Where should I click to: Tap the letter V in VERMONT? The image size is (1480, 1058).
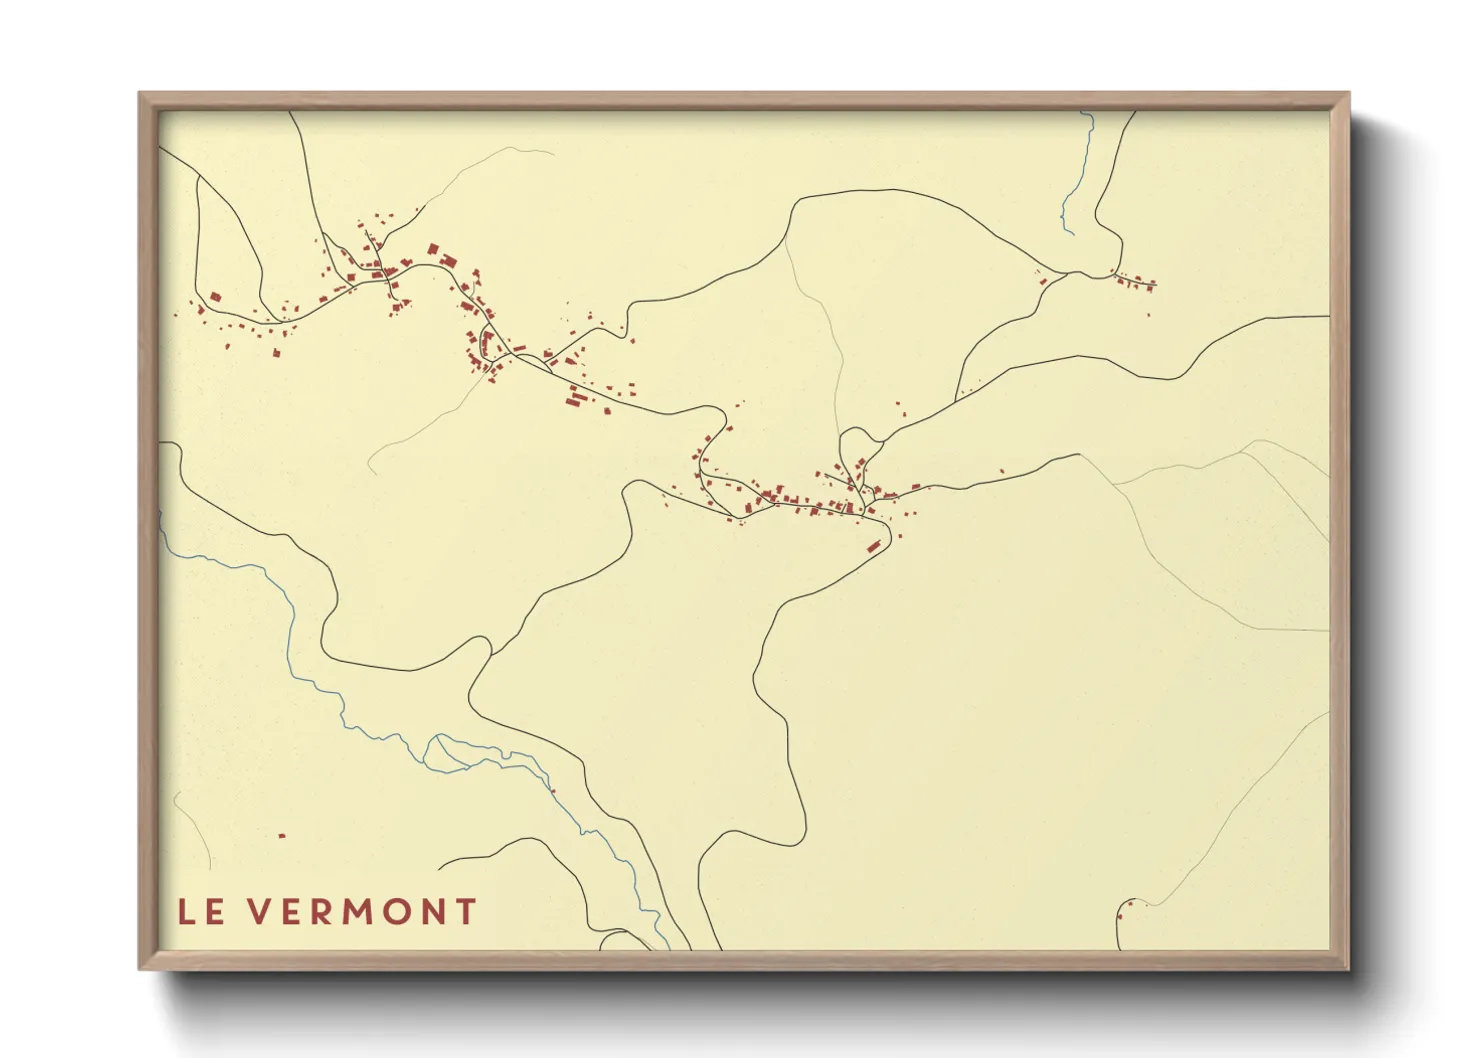[x=260, y=912]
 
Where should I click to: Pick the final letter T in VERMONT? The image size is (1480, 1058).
[x=465, y=912]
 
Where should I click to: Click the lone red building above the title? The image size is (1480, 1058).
[x=282, y=836]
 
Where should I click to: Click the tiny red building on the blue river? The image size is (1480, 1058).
[x=552, y=791]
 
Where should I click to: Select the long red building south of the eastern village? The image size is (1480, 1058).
[x=873, y=546]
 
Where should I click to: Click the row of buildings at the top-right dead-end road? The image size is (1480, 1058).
[x=1136, y=283]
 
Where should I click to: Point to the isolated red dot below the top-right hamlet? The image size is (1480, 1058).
[x=1148, y=315]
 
